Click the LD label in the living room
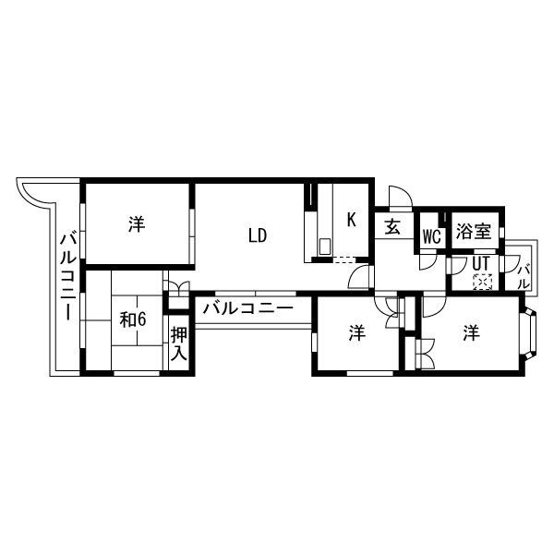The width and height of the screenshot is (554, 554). (x=257, y=235)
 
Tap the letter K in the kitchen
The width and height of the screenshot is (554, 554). (x=352, y=220)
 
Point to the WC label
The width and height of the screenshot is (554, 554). (x=430, y=235)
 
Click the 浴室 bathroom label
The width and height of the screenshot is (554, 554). (x=474, y=233)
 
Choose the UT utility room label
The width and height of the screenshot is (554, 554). (x=481, y=262)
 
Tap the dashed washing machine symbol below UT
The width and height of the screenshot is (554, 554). (x=482, y=281)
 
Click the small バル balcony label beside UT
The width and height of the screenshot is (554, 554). (x=524, y=274)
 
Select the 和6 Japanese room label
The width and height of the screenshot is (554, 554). (x=134, y=319)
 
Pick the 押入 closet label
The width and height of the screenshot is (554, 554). (x=179, y=343)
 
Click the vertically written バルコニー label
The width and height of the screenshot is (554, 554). (x=67, y=275)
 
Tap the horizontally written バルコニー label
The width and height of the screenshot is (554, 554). (x=247, y=308)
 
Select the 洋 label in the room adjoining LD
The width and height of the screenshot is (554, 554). (x=137, y=223)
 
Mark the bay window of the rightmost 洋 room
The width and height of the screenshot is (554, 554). (x=531, y=334)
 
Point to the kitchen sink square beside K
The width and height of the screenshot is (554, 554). (x=325, y=247)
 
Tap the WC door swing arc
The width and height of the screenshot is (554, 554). (x=427, y=261)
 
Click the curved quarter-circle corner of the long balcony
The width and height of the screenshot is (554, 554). (x=30, y=191)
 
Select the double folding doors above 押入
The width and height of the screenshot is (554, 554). (x=177, y=287)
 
